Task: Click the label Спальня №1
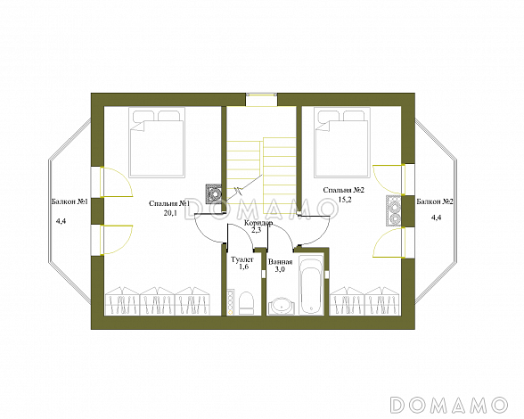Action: [169, 203]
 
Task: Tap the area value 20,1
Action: [170, 213]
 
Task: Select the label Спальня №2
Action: [344, 190]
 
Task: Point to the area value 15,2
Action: [345, 200]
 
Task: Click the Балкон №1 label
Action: [70, 201]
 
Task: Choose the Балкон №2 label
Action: [435, 201]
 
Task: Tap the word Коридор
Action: [258, 223]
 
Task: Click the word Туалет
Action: [242, 259]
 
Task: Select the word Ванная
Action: [281, 261]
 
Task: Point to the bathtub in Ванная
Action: [311, 285]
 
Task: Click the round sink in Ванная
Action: [282, 306]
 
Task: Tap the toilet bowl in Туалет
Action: [246, 303]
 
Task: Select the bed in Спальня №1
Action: [157, 142]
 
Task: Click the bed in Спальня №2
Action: [342, 142]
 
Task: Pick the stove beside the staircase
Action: [214, 193]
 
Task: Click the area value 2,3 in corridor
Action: [256, 230]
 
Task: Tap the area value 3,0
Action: [280, 269]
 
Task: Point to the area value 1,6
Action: [244, 267]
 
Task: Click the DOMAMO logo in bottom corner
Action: [449, 405]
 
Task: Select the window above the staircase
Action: [262, 100]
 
